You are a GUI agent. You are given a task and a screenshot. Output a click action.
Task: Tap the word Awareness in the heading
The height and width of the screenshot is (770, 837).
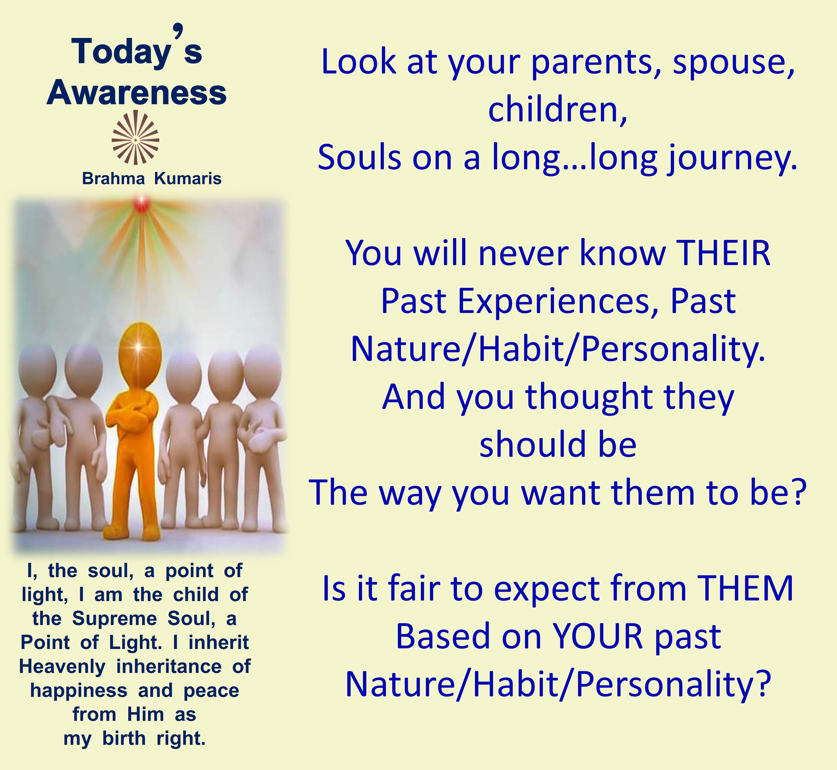click(x=137, y=92)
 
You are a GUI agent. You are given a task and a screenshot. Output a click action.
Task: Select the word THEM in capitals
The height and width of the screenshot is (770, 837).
click(x=746, y=588)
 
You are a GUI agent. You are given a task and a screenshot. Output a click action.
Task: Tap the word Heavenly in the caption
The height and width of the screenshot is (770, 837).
click(x=62, y=667)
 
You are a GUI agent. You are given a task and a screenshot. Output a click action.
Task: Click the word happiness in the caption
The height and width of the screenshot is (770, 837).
click(x=79, y=691)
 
